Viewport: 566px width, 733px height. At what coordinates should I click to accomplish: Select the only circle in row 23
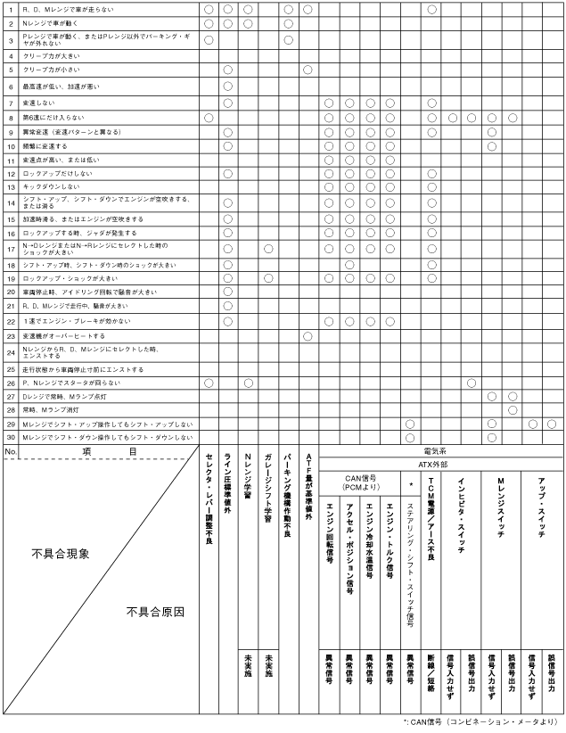pos(308,335)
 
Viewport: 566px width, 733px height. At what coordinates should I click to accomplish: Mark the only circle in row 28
pos(513,409)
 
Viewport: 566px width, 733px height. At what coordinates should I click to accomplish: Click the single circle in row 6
pos(227,86)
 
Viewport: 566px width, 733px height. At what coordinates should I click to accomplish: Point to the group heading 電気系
pos(439,452)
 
